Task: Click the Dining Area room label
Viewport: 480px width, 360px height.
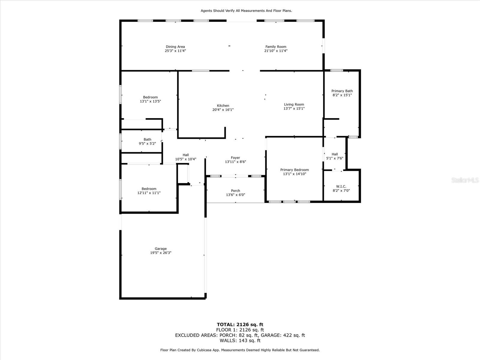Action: pos(175,46)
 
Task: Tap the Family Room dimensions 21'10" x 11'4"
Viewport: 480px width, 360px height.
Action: pos(276,51)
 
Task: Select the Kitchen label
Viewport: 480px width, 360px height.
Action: pos(223,106)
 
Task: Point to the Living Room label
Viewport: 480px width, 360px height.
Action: pos(294,104)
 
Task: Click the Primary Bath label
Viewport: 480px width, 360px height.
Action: pos(342,91)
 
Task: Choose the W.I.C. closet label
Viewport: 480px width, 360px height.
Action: pos(341,186)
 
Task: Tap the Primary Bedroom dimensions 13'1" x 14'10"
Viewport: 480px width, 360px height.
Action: pos(295,174)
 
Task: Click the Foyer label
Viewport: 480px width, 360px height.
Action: pos(235,157)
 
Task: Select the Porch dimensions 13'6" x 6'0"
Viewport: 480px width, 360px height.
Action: pos(235,195)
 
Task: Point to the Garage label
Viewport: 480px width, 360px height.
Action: pos(161,248)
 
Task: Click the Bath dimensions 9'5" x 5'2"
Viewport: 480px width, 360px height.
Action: pos(147,144)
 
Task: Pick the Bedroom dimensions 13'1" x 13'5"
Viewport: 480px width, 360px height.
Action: pos(151,101)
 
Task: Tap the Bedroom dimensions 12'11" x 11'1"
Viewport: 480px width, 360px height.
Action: pos(149,193)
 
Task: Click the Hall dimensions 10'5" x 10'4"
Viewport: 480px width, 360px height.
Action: pos(186,159)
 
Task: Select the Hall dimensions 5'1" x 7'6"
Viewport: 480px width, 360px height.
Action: pos(335,158)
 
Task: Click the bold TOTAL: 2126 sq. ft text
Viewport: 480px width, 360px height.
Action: pos(240,325)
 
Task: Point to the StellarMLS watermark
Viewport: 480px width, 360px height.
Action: pos(465,180)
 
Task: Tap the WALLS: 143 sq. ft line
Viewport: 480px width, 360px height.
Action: pos(240,340)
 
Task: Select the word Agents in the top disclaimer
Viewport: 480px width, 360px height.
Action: pos(206,11)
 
